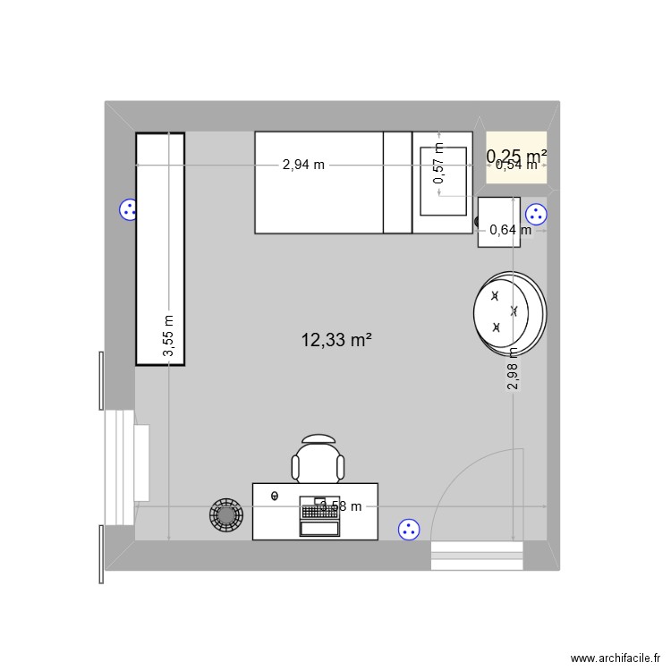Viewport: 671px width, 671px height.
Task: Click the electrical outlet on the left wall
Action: pyautogui.click(x=128, y=210)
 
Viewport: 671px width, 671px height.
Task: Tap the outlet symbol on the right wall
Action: pyautogui.click(x=536, y=215)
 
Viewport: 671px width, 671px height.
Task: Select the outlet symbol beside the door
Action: pyautogui.click(x=409, y=530)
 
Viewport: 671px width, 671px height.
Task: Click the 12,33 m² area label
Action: pyautogui.click(x=336, y=340)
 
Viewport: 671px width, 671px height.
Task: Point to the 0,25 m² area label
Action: pyautogui.click(x=516, y=156)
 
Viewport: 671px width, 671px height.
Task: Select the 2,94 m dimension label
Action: pyautogui.click(x=303, y=165)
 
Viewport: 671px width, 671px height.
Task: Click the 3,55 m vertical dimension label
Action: pyautogui.click(x=169, y=336)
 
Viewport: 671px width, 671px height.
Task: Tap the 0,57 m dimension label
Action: pyautogui.click(x=438, y=165)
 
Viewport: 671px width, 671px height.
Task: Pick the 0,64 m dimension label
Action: pyautogui.click(x=510, y=230)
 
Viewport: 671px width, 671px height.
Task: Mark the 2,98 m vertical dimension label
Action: pyautogui.click(x=513, y=369)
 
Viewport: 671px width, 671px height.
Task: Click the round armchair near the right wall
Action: pyautogui.click(x=508, y=311)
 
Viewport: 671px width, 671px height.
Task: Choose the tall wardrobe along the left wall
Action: pyautogui.click(x=160, y=249)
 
